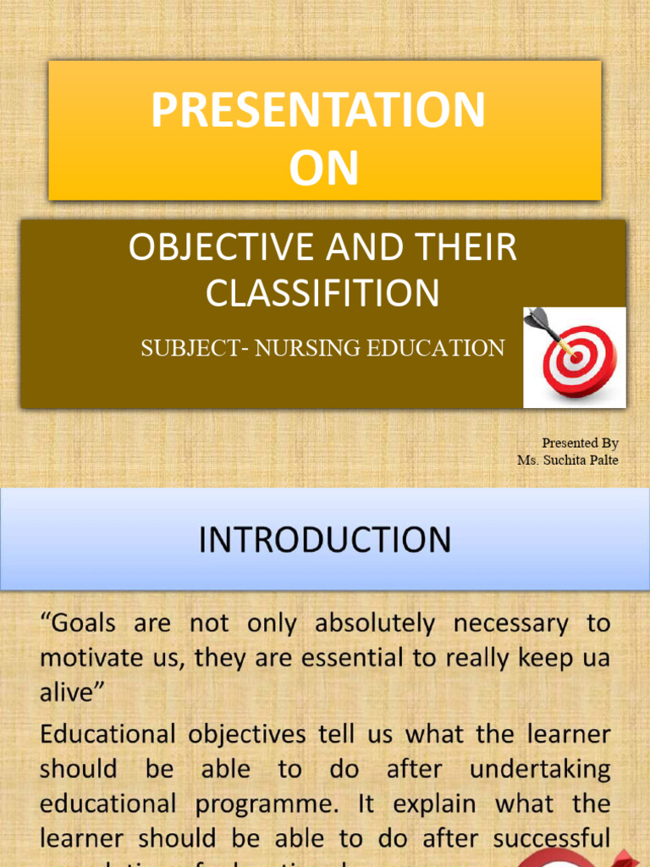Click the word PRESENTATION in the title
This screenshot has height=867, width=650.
click(x=318, y=111)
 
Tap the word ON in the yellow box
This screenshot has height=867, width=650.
click(x=323, y=168)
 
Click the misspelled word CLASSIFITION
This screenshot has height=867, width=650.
click(x=322, y=293)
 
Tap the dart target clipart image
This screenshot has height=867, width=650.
click(x=574, y=357)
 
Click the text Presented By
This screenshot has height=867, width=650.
click(x=580, y=443)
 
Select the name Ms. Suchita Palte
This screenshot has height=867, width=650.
click(x=568, y=460)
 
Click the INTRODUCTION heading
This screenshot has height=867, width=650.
click(x=325, y=540)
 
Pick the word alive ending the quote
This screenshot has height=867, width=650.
click(x=71, y=693)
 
